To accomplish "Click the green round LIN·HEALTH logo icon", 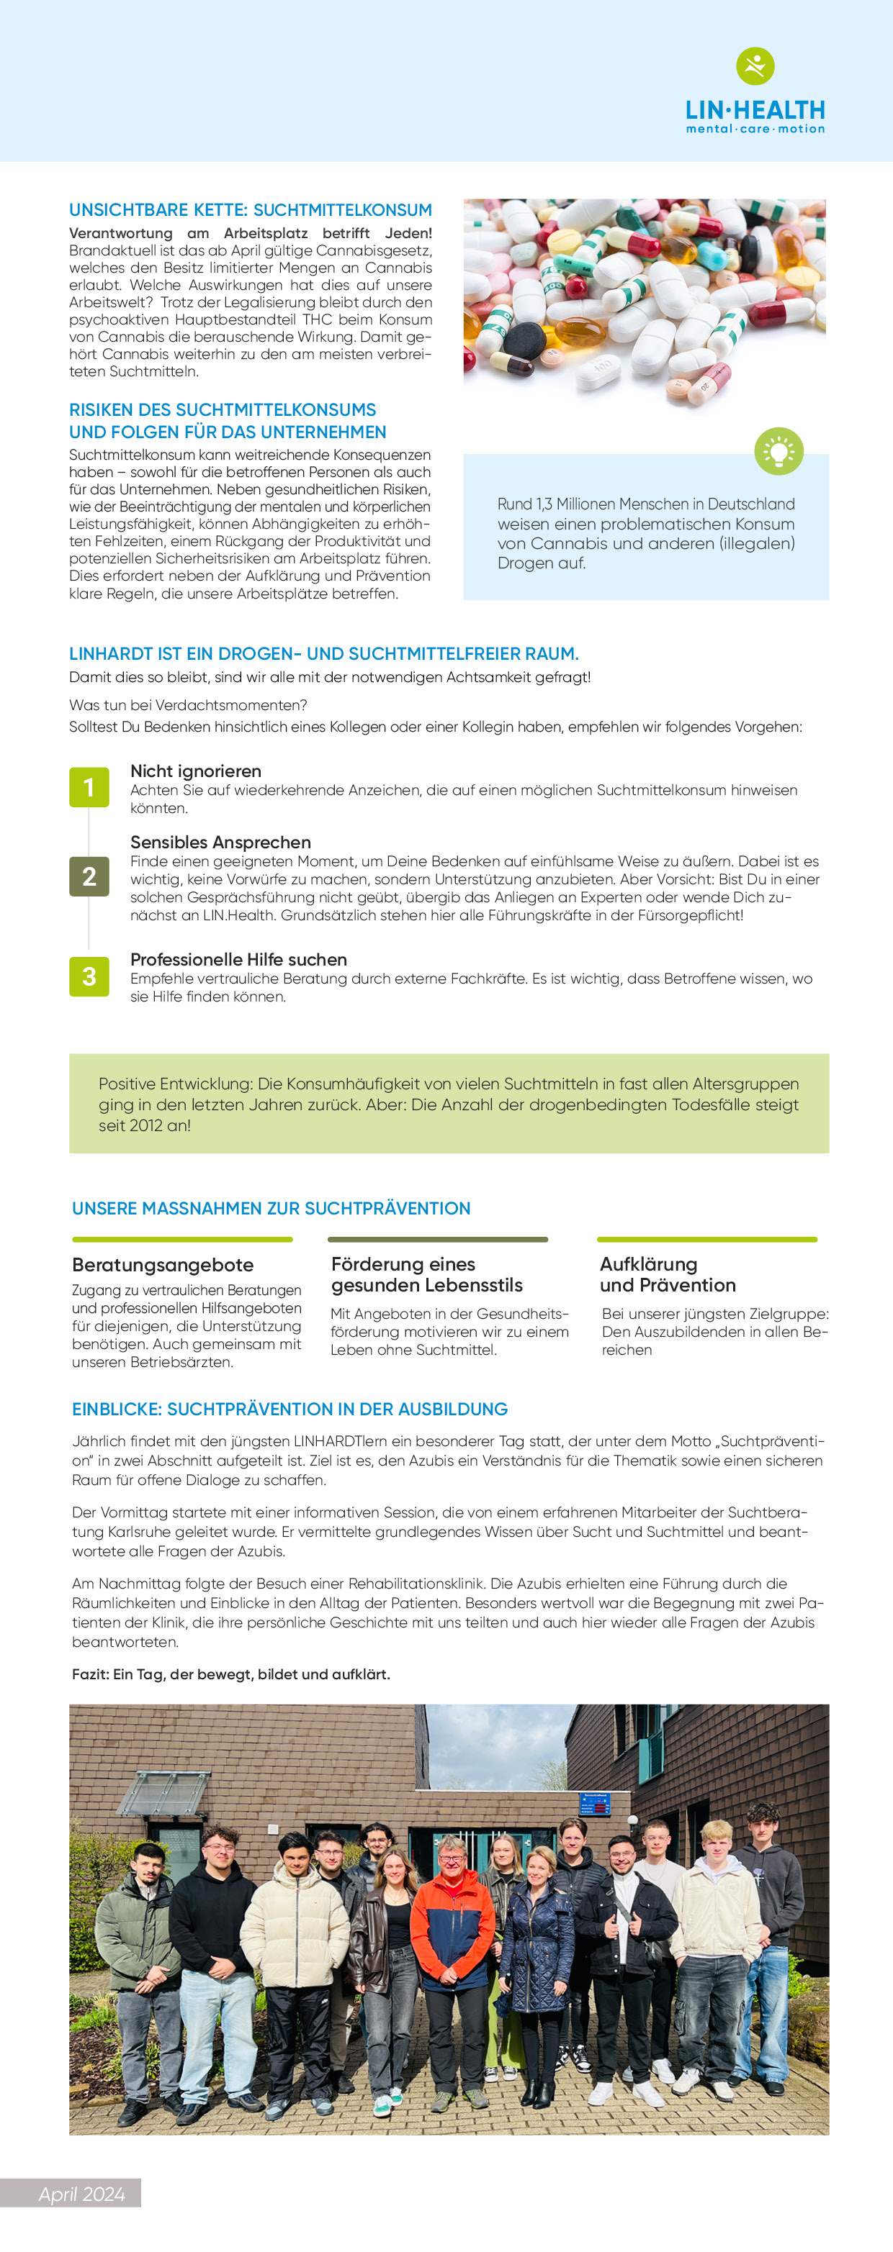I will tap(755, 65).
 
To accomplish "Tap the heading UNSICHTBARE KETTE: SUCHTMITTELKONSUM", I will tap(250, 210).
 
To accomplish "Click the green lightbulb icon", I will tap(778, 451).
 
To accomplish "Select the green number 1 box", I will tap(89, 787).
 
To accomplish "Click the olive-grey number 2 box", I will tap(89, 876).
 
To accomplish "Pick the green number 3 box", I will tap(89, 976).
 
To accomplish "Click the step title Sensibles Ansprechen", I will tap(220, 842).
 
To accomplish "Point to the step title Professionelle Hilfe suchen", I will tap(238, 959).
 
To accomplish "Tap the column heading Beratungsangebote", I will tap(163, 1264).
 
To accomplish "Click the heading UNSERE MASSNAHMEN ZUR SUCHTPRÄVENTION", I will tap(271, 1208).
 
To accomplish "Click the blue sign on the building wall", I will tap(594, 1804).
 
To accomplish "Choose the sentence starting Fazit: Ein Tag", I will tap(231, 1674).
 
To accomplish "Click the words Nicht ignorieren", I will tap(196, 771).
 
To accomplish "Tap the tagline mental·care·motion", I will tap(755, 129).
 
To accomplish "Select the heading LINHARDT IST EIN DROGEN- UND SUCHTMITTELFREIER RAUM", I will tap(323, 654).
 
